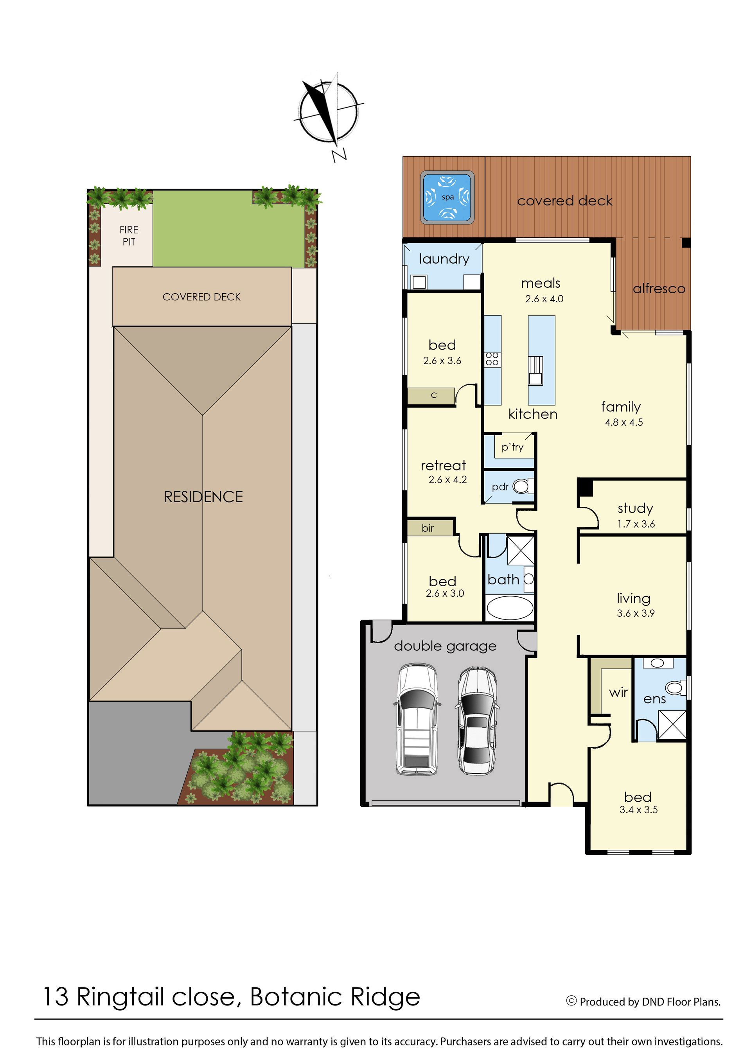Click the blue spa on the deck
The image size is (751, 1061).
click(x=447, y=197)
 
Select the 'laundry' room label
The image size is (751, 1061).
click(x=444, y=259)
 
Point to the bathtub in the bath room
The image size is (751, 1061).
click(x=510, y=607)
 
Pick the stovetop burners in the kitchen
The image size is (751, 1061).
click(x=492, y=359)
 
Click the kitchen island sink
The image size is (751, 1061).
click(x=535, y=371)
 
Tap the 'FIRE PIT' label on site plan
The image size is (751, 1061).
click(x=129, y=236)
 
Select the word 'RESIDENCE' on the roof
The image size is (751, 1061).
click(x=203, y=497)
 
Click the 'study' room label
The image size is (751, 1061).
click(x=635, y=508)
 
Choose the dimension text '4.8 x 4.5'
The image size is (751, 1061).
click(x=624, y=422)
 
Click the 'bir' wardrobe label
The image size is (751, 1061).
click(x=428, y=528)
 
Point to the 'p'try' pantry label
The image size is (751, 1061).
click(x=512, y=447)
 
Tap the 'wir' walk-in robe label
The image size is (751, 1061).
click(x=618, y=693)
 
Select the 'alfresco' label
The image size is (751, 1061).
click(x=659, y=289)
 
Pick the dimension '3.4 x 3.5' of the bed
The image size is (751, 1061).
click(x=639, y=810)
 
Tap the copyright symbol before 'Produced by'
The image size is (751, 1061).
click(x=571, y=1001)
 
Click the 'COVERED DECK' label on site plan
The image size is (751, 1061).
click(x=201, y=297)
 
